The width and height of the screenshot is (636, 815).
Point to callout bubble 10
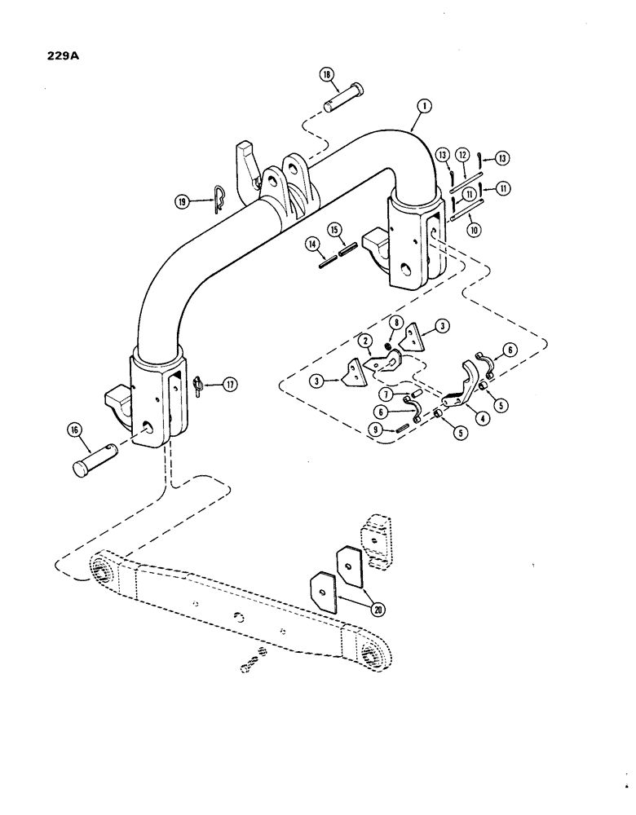coord(473,231)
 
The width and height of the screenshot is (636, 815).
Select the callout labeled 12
coord(461,153)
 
